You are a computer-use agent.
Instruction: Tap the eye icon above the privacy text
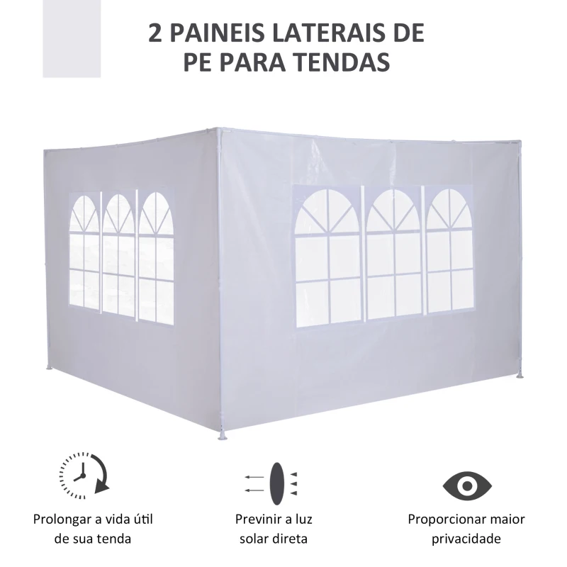point(466,485)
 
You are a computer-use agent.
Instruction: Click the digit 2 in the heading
point(155,33)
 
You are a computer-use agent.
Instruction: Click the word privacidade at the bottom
point(466,539)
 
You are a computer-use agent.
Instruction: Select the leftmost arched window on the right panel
point(327,255)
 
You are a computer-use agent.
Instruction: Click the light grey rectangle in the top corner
point(72,38)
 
